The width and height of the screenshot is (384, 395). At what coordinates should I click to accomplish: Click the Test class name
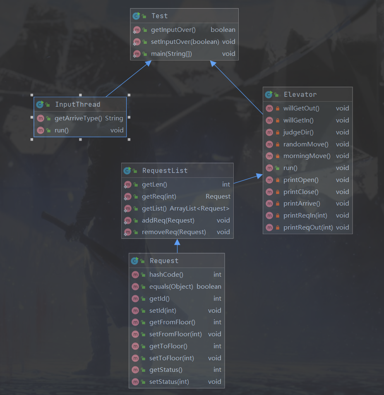coord(159,16)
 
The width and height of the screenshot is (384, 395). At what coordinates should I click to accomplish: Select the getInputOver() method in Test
coord(173,30)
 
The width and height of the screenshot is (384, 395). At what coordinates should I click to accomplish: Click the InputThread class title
coord(77,105)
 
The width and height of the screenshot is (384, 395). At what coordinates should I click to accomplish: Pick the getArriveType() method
coord(78,118)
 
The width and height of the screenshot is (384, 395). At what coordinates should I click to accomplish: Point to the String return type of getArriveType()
coord(114,118)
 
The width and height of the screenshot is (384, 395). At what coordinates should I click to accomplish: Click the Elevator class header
coord(300,95)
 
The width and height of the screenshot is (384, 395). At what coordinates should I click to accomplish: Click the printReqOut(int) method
coord(308,227)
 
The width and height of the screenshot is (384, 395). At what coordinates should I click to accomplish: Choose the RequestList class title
coord(165,170)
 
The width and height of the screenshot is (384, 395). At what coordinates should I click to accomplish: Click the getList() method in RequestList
coord(154,208)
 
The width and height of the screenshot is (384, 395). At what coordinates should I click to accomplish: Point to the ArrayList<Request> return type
coord(199,208)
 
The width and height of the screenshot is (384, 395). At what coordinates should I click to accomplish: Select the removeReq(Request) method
coord(174,232)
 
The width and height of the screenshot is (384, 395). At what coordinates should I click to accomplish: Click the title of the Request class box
coord(164,261)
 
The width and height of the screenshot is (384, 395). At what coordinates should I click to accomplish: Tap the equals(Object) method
coord(171,287)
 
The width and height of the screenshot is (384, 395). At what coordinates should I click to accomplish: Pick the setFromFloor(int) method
coord(175,334)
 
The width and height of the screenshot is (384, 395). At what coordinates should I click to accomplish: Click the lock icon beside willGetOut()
coord(278,108)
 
